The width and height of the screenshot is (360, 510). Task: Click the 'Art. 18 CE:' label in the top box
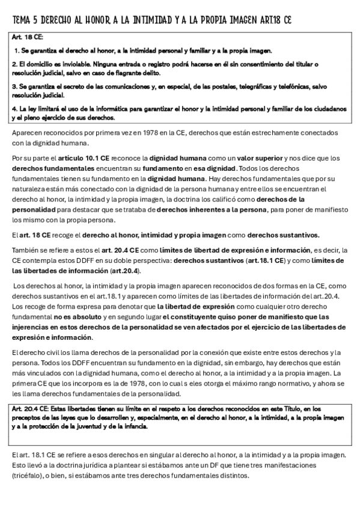pos(25,38)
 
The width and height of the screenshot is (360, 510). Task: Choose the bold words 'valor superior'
pos(223,158)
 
